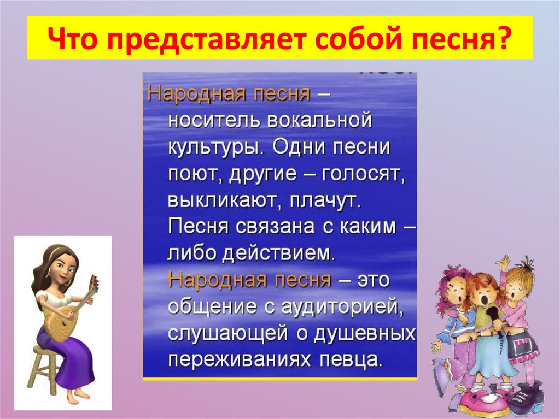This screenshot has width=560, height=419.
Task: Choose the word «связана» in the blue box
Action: [x=277, y=227]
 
